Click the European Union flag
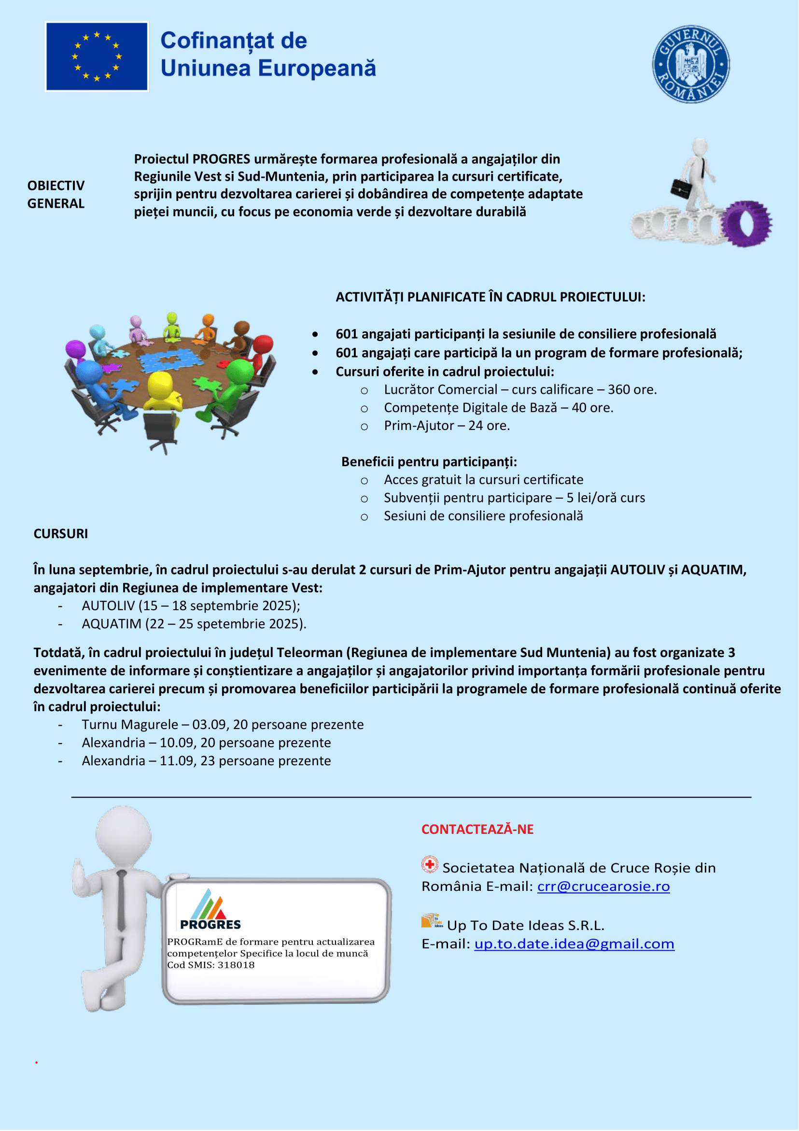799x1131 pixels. pos(97,56)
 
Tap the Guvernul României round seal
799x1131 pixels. pos(691,64)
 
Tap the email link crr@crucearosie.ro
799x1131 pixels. pos(603,886)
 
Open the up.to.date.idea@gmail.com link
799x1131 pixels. pos(574,944)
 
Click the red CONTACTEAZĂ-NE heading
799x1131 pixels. pos(477,830)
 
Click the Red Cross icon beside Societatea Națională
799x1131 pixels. pos(429,864)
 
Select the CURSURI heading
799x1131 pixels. pos(60,533)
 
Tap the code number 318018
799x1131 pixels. pos(236,965)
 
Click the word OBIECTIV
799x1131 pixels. pos(56,186)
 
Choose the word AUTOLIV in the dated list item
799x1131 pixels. pos(108,606)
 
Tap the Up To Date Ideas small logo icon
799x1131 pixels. pos(432,921)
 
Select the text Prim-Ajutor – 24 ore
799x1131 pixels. pos(447,426)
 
